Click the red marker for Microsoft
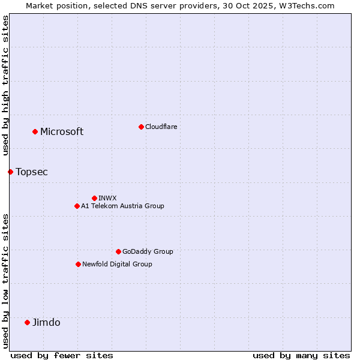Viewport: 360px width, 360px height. click(x=35, y=131)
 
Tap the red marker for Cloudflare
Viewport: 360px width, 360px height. click(x=141, y=127)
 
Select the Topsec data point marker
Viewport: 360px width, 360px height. click(x=10, y=172)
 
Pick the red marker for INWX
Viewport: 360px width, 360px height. click(x=94, y=198)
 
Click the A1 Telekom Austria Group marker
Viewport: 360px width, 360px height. click(x=77, y=206)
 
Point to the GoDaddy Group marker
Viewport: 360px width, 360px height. click(x=118, y=251)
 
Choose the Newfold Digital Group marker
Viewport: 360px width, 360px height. click(x=78, y=264)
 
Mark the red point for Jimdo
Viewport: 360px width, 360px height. click(x=27, y=322)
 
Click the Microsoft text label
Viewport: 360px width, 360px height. click(x=62, y=132)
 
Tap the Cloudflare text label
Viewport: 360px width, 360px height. click(x=161, y=127)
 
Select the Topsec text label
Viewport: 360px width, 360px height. click(x=32, y=172)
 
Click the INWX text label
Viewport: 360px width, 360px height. click(x=108, y=198)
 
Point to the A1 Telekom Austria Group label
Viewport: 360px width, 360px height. click(x=122, y=206)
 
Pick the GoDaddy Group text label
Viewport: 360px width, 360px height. click(x=148, y=251)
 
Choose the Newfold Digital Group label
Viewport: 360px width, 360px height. click(x=117, y=264)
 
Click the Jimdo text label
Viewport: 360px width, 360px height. click(x=46, y=323)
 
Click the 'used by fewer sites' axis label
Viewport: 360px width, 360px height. click(x=62, y=355)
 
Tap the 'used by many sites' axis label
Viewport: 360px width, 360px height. click(x=301, y=355)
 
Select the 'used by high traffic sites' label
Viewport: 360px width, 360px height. click(x=6, y=85)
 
